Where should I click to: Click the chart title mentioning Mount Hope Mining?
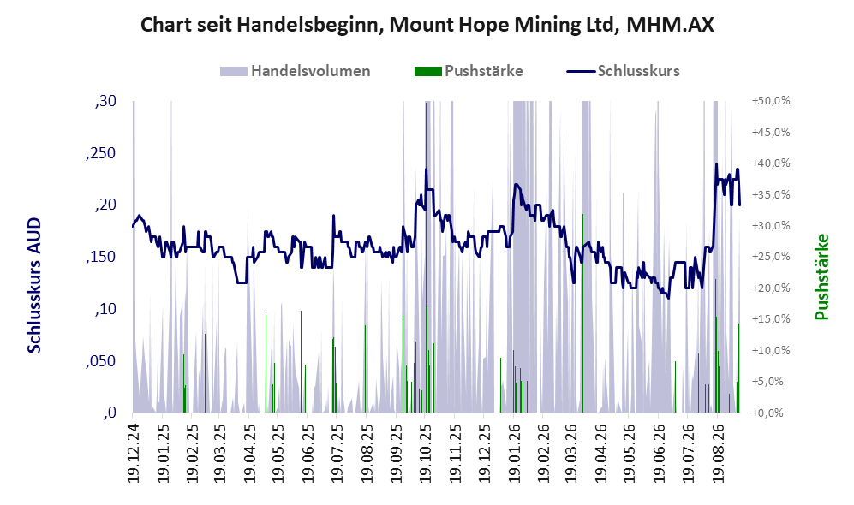click(427, 25)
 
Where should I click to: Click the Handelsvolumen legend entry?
click(296, 71)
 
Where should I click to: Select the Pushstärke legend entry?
click(469, 71)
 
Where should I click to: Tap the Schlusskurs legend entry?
click(623, 71)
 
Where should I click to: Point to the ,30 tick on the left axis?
click(105, 101)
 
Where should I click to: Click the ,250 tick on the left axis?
click(101, 153)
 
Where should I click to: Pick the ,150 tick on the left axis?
click(101, 258)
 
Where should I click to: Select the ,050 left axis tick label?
click(101, 361)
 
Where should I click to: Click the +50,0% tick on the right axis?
click(771, 101)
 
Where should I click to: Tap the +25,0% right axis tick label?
click(771, 257)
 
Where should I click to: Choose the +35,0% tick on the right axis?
click(771, 195)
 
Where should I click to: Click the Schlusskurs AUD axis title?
click(34, 285)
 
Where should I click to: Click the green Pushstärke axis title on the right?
click(821, 276)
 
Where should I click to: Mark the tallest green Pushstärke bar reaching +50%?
click(426, 257)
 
